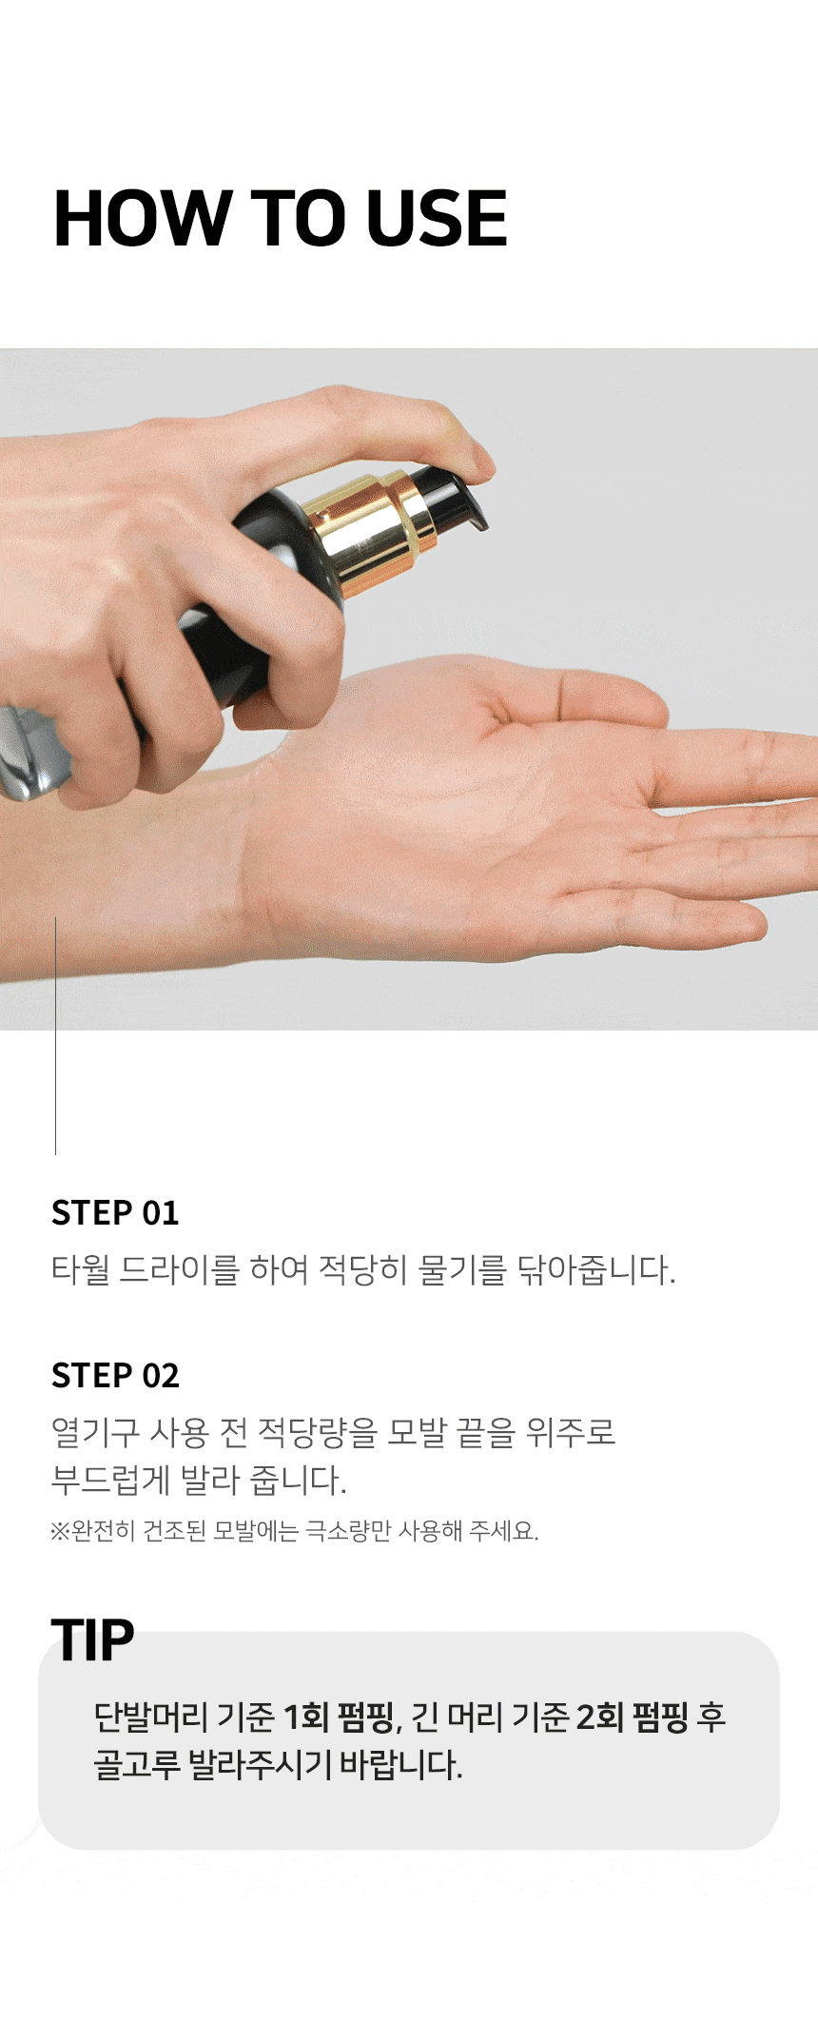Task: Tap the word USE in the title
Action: click(437, 218)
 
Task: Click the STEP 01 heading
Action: click(115, 1213)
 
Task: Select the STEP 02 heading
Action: click(115, 1376)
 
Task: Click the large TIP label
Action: click(92, 1639)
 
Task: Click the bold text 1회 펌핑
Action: click(339, 1717)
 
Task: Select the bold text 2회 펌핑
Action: click(633, 1717)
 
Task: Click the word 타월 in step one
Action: click(81, 1270)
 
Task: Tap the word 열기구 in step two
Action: click(96, 1432)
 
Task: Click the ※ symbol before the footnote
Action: click(60, 1531)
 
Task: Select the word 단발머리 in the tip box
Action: click(151, 1717)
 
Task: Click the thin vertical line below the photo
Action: click(55, 1036)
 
